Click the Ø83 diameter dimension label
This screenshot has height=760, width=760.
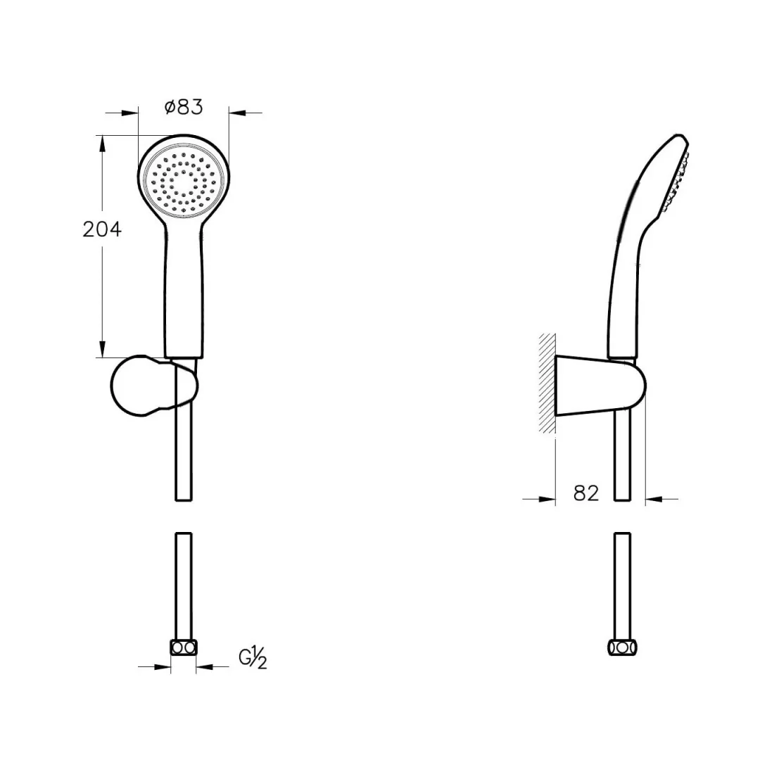[184, 107]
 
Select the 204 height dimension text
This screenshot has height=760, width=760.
[102, 229]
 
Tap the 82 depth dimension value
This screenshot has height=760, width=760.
[586, 493]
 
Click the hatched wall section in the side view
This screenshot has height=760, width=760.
[547, 383]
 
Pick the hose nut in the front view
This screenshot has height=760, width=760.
[184, 647]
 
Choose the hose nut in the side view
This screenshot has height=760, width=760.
[622, 647]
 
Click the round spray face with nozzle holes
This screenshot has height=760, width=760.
[184, 182]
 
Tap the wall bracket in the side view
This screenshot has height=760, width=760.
[600, 386]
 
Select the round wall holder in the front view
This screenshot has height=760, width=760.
[154, 386]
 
